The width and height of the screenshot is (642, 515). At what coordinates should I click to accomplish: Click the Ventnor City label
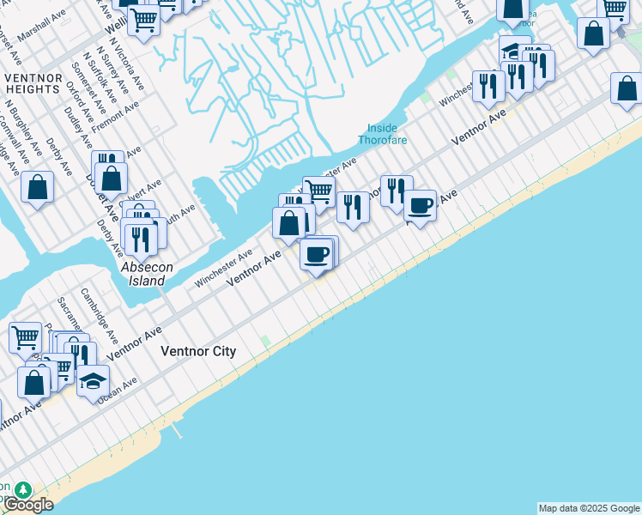[x=198, y=352]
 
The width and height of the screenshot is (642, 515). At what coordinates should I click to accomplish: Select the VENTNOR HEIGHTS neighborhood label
[x=33, y=84]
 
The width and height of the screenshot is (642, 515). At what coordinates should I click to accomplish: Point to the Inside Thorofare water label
[x=382, y=134]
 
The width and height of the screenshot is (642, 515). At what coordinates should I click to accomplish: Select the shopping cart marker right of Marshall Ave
[x=144, y=17]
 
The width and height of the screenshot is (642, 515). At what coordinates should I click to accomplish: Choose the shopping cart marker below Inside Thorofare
[x=318, y=190]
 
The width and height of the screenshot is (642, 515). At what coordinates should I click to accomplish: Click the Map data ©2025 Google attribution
[x=588, y=508]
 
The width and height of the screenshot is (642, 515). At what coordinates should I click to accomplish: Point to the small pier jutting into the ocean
[x=178, y=428]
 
